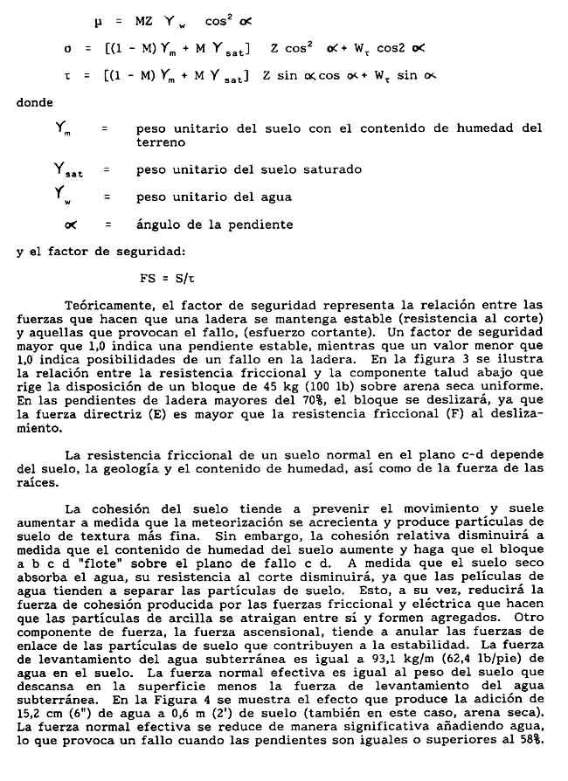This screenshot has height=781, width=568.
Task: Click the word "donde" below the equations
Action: tap(36, 102)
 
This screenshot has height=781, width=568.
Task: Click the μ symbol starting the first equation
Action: tap(98, 20)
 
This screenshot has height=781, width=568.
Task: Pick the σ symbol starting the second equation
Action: tap(66, 48)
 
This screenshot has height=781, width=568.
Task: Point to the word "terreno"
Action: tap(161, 142)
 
